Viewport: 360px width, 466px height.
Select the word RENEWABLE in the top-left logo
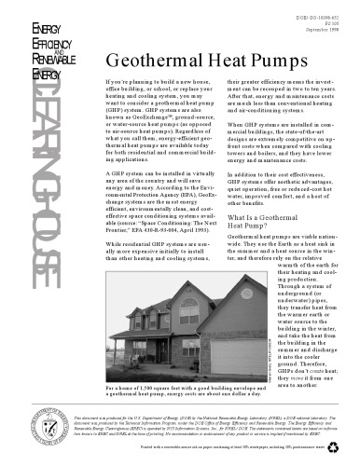tap(36, 57)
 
